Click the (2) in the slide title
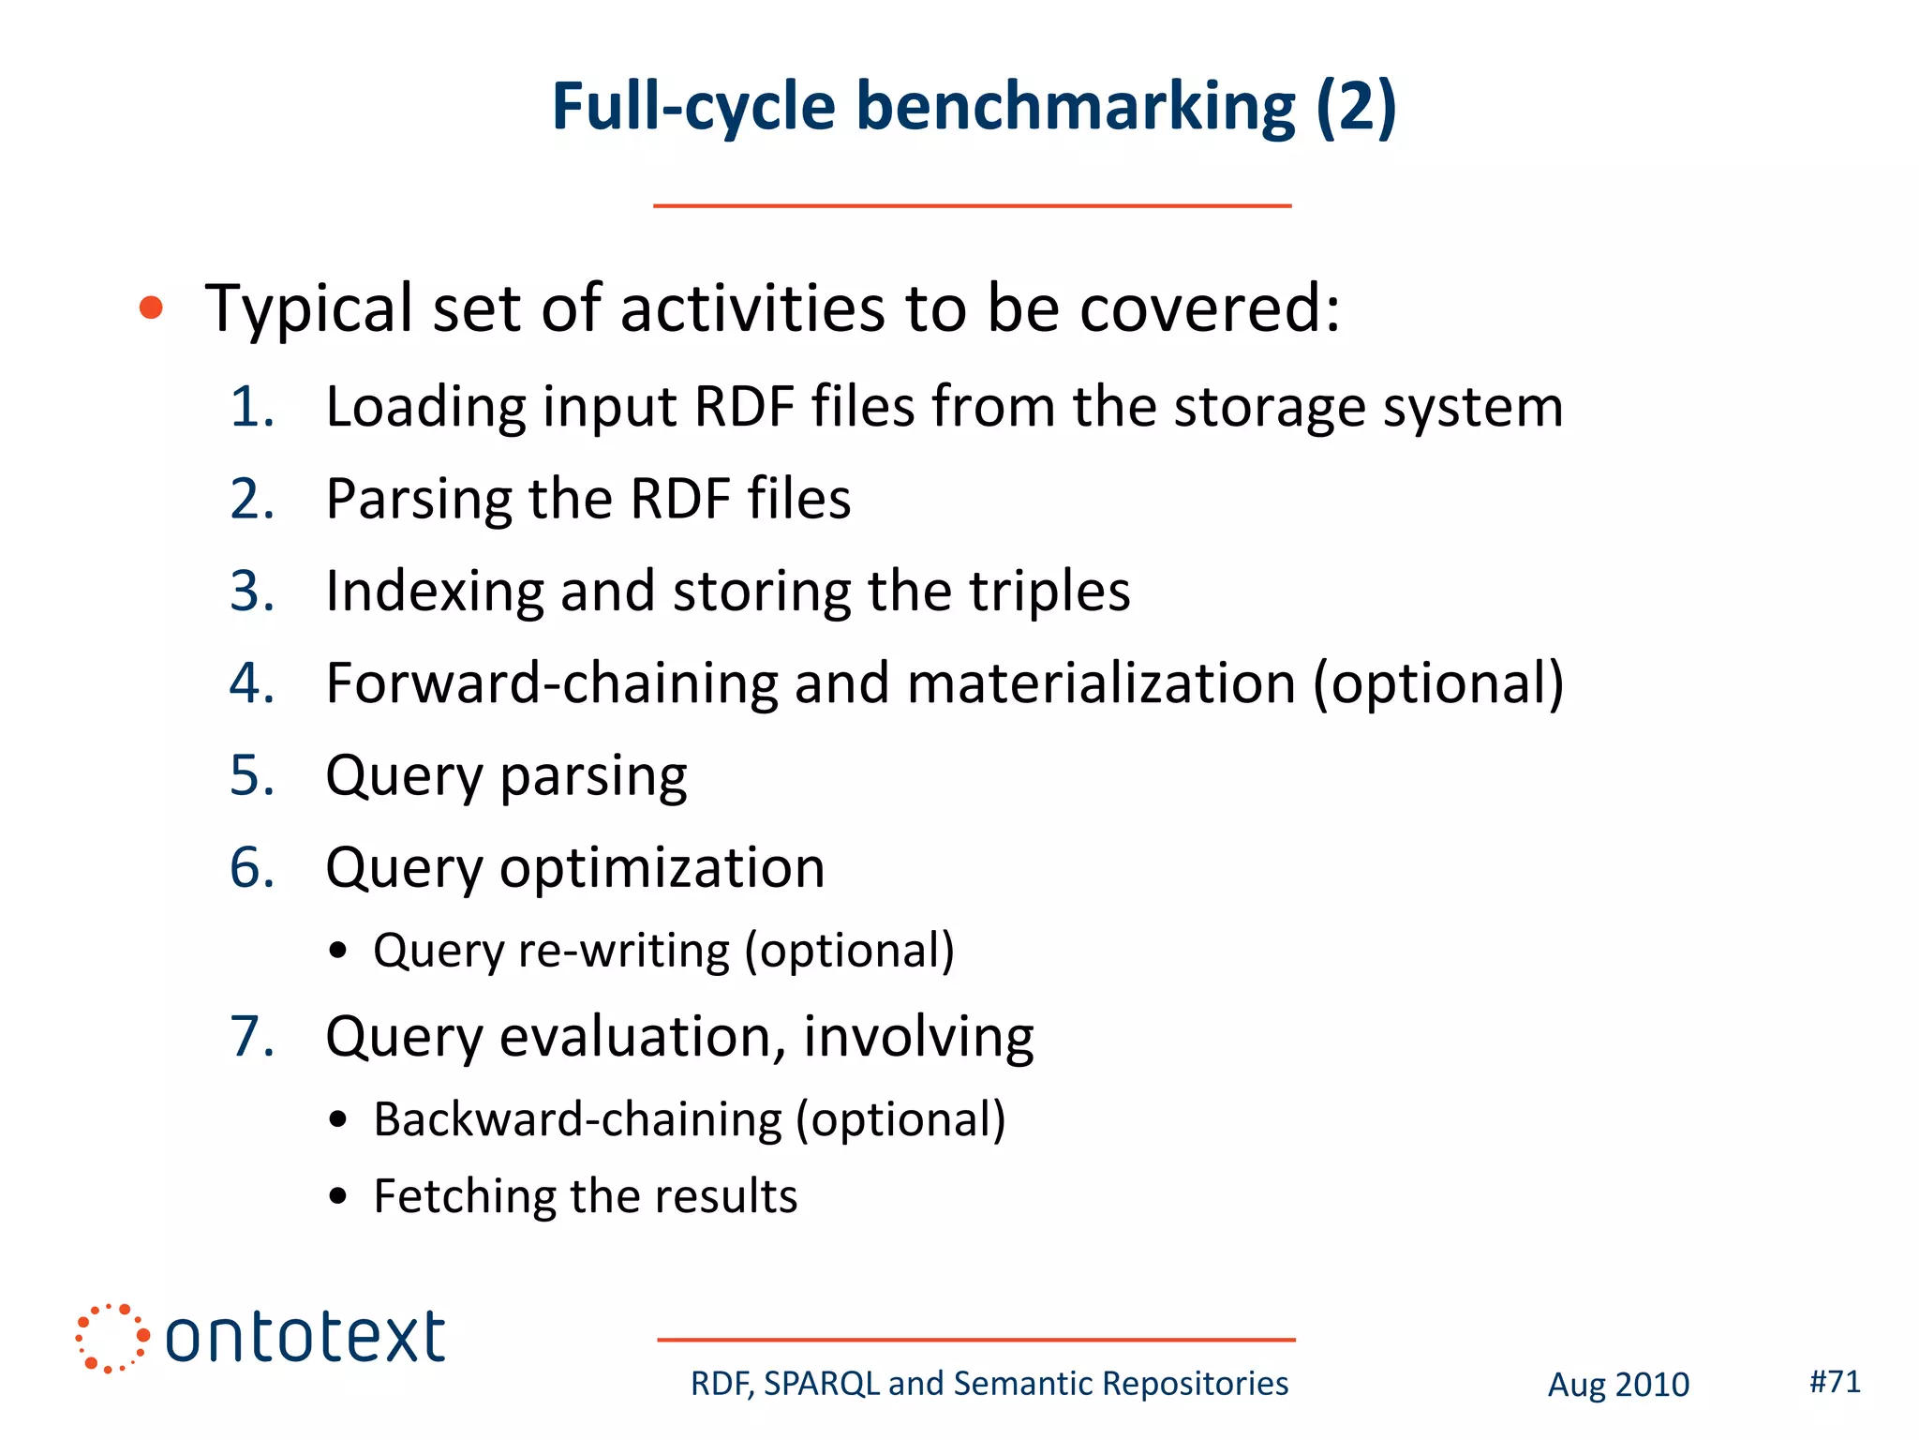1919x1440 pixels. click(x=1355, y=107)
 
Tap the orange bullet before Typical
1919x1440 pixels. click(x=151, y=307)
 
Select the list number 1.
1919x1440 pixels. click(x=251, y=408)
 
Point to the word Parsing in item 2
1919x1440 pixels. click(x=416, y=500)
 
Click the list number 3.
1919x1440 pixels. click(x=251, y=592)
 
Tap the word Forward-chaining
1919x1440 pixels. click(x=551, y=682)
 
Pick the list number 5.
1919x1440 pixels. click(x=251, y=775)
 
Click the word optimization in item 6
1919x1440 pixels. click(x=662, y=867)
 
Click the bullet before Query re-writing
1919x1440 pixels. click(x=339, y=952)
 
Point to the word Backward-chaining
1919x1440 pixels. click(x=577, y=1119)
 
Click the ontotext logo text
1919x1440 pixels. click(x=305, y=1338)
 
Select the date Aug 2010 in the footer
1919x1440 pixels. click(x=1618, y=1385)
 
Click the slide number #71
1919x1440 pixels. click(x=1835, y=1381)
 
